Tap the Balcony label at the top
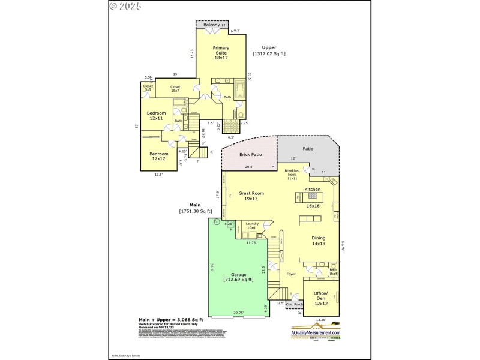coord(211,25)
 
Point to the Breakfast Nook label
coord(292,175)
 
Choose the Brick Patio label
coord(250,154)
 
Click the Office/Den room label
coord(321,299)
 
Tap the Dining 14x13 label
coord(318,241)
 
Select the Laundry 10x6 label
coord(252,226)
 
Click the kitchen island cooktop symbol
coord(312,196)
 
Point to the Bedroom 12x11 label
coord(157,116)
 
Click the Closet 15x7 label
coord(175,89)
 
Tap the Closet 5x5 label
coord(148,88)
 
